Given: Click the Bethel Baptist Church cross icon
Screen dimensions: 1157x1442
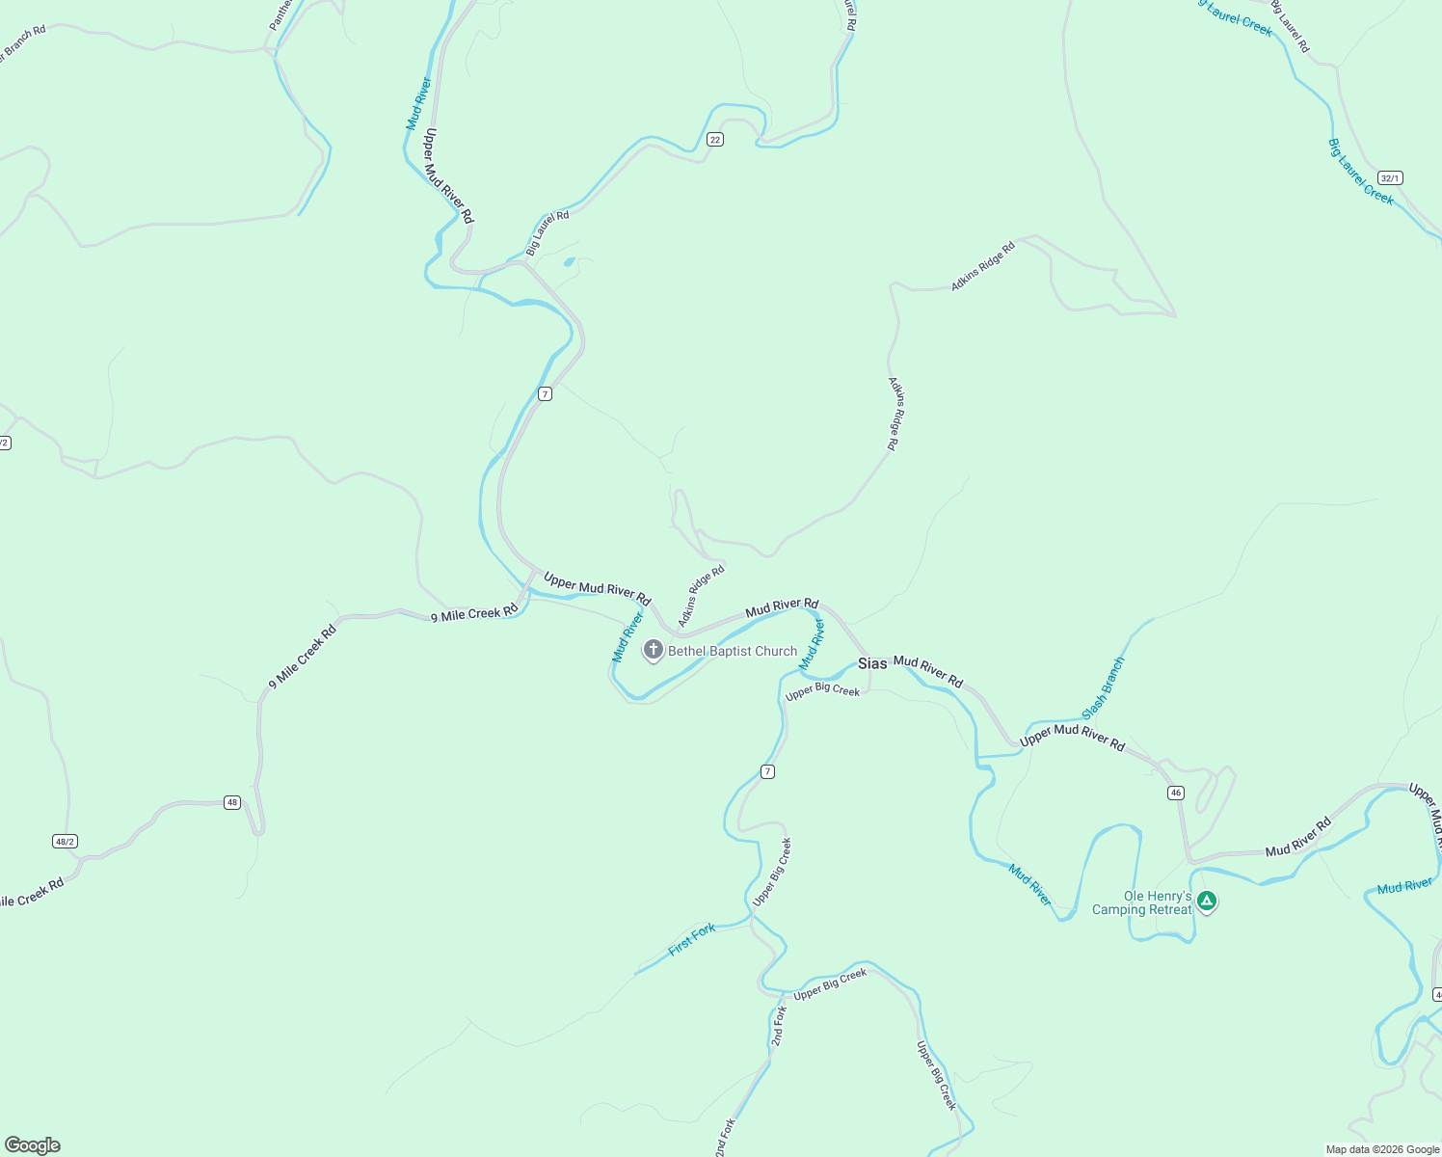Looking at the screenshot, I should click(653, 650).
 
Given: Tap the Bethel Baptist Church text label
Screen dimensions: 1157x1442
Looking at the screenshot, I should click(733, 652).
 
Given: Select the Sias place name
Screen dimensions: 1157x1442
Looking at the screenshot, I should click(872, 663).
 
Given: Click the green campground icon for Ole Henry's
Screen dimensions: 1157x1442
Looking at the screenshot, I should click(1206, 901).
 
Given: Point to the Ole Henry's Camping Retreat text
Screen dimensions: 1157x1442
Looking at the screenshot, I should click(1142, 903).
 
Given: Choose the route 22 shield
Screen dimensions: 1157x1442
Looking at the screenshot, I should click(714, 139).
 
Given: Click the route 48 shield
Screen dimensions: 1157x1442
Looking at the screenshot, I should click(232, 802).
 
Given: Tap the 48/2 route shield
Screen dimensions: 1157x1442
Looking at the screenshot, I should click(65, 842).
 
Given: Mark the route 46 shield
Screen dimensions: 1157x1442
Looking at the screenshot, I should click(1175, 793).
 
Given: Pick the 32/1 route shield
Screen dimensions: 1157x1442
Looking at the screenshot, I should click(1390, 178).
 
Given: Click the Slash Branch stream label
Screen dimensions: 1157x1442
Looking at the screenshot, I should click(1104, 687).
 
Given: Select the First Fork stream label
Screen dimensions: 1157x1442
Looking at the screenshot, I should click(692, 939).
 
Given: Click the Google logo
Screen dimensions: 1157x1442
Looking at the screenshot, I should click(32, 1145).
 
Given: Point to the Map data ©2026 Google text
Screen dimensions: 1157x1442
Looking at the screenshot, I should click(1381, 1149).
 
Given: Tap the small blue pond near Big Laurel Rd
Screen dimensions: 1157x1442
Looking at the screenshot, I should click(569, 261).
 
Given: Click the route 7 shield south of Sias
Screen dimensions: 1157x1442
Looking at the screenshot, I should click(767, 771).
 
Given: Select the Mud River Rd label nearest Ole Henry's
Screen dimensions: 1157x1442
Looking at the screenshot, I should click(1297, 837).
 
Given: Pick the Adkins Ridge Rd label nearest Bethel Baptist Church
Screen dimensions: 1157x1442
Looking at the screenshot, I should click(701, 596).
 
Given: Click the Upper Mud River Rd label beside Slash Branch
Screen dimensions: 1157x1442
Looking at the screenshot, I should click(1072, 738).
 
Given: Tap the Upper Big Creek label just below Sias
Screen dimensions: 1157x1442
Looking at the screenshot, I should click(822, 691).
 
